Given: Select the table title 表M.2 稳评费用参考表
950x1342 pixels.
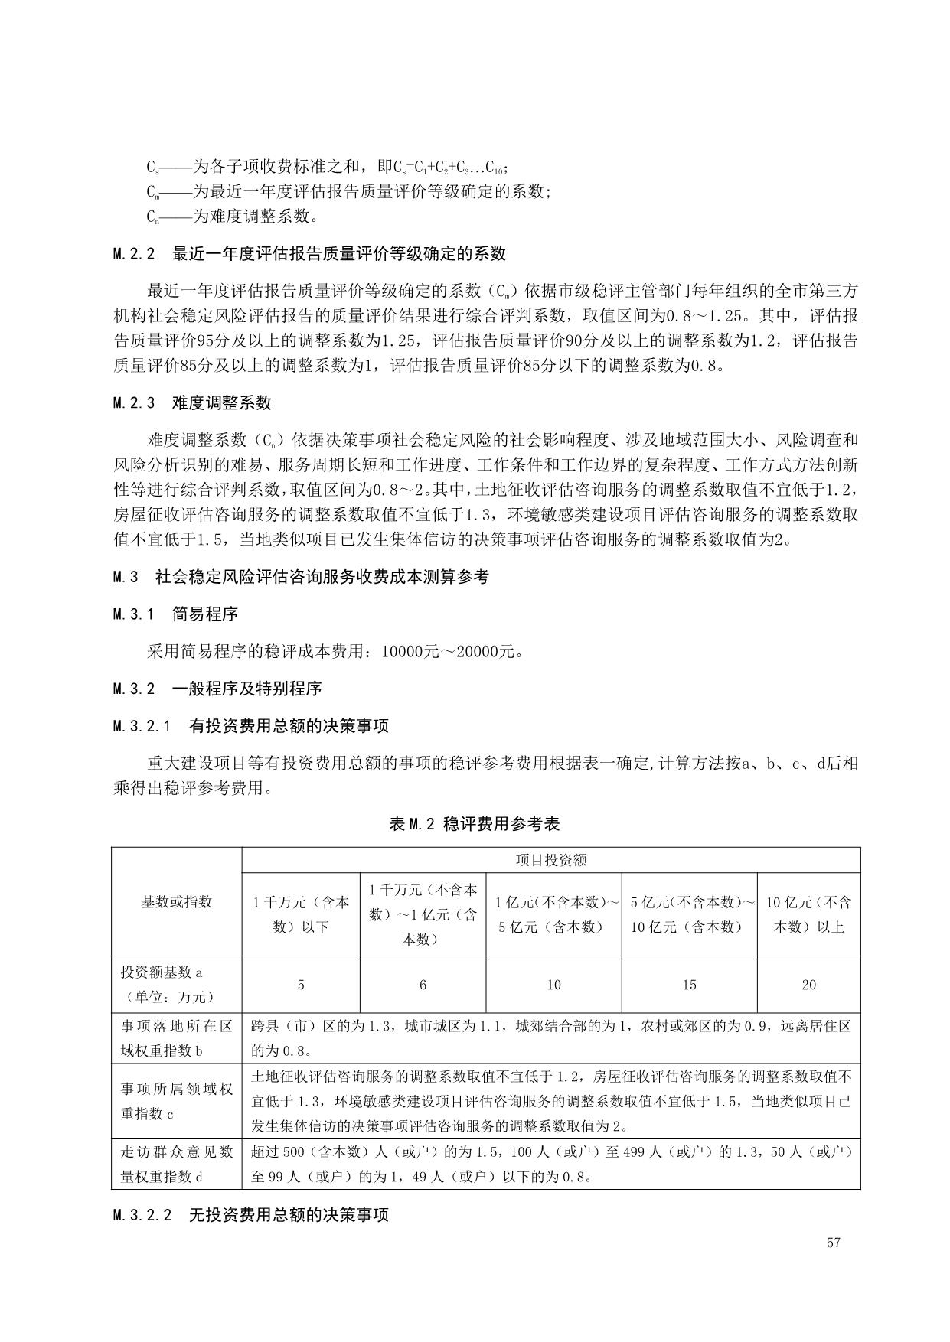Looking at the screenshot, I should click(475, 823).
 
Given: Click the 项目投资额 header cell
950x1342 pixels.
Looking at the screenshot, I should click(551, 860).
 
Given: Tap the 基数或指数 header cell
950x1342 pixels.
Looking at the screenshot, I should click(176, 901).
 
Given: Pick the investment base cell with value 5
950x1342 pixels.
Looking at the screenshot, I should click(301, 985).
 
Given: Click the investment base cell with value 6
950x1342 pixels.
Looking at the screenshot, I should click(423, 985).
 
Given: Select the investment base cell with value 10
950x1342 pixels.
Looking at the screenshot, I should click(553, 985).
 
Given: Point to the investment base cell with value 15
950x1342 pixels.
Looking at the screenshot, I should click(689, 985).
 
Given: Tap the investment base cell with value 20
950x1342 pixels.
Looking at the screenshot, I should click(808, 985).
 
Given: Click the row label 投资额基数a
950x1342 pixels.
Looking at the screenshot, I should click(176, 985).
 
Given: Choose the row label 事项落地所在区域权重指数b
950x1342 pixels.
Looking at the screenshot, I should click(176, 1037).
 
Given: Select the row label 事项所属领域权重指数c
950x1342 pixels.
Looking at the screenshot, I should click(176, 1101).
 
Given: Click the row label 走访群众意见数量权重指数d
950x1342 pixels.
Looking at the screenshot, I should click(176, 1164).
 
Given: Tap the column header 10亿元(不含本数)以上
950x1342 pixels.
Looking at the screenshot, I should click(808, 914).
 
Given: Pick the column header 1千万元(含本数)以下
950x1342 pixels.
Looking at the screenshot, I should click(301, 914).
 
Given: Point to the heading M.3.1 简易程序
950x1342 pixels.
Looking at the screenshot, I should click(175, 614).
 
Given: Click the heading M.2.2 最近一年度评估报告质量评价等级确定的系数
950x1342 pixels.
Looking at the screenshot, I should click(309, 253).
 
